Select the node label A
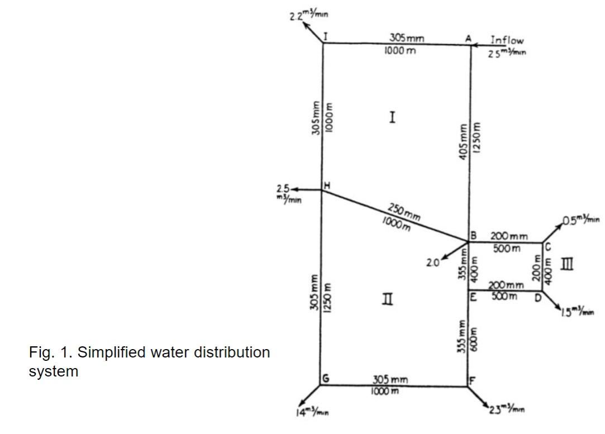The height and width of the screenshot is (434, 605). tap(468, 38)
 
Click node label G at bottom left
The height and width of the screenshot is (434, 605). tap(326, 379)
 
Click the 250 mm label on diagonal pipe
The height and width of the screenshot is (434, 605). tap(404, 212)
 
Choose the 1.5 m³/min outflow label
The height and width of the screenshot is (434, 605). tap(578, 311)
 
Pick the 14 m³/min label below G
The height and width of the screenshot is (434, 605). tap(312, 413)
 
